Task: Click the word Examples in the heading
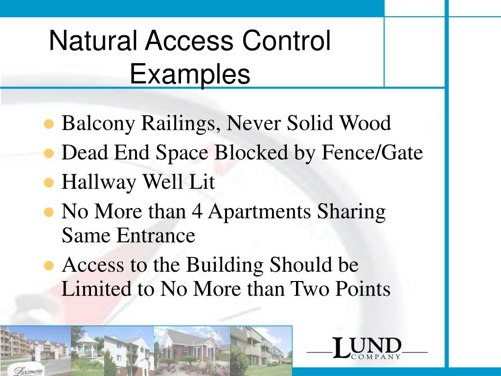coord(190,75)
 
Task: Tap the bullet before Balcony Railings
coord(48,124)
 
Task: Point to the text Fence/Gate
coord(372,153)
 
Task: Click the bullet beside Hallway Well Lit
coord(48,183)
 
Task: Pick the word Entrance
coord(156,236)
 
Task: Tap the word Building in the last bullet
coord(226,265)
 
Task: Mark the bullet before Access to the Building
coord(48,266)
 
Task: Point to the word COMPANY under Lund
coord(375,357)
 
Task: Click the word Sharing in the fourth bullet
coord(351,212)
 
